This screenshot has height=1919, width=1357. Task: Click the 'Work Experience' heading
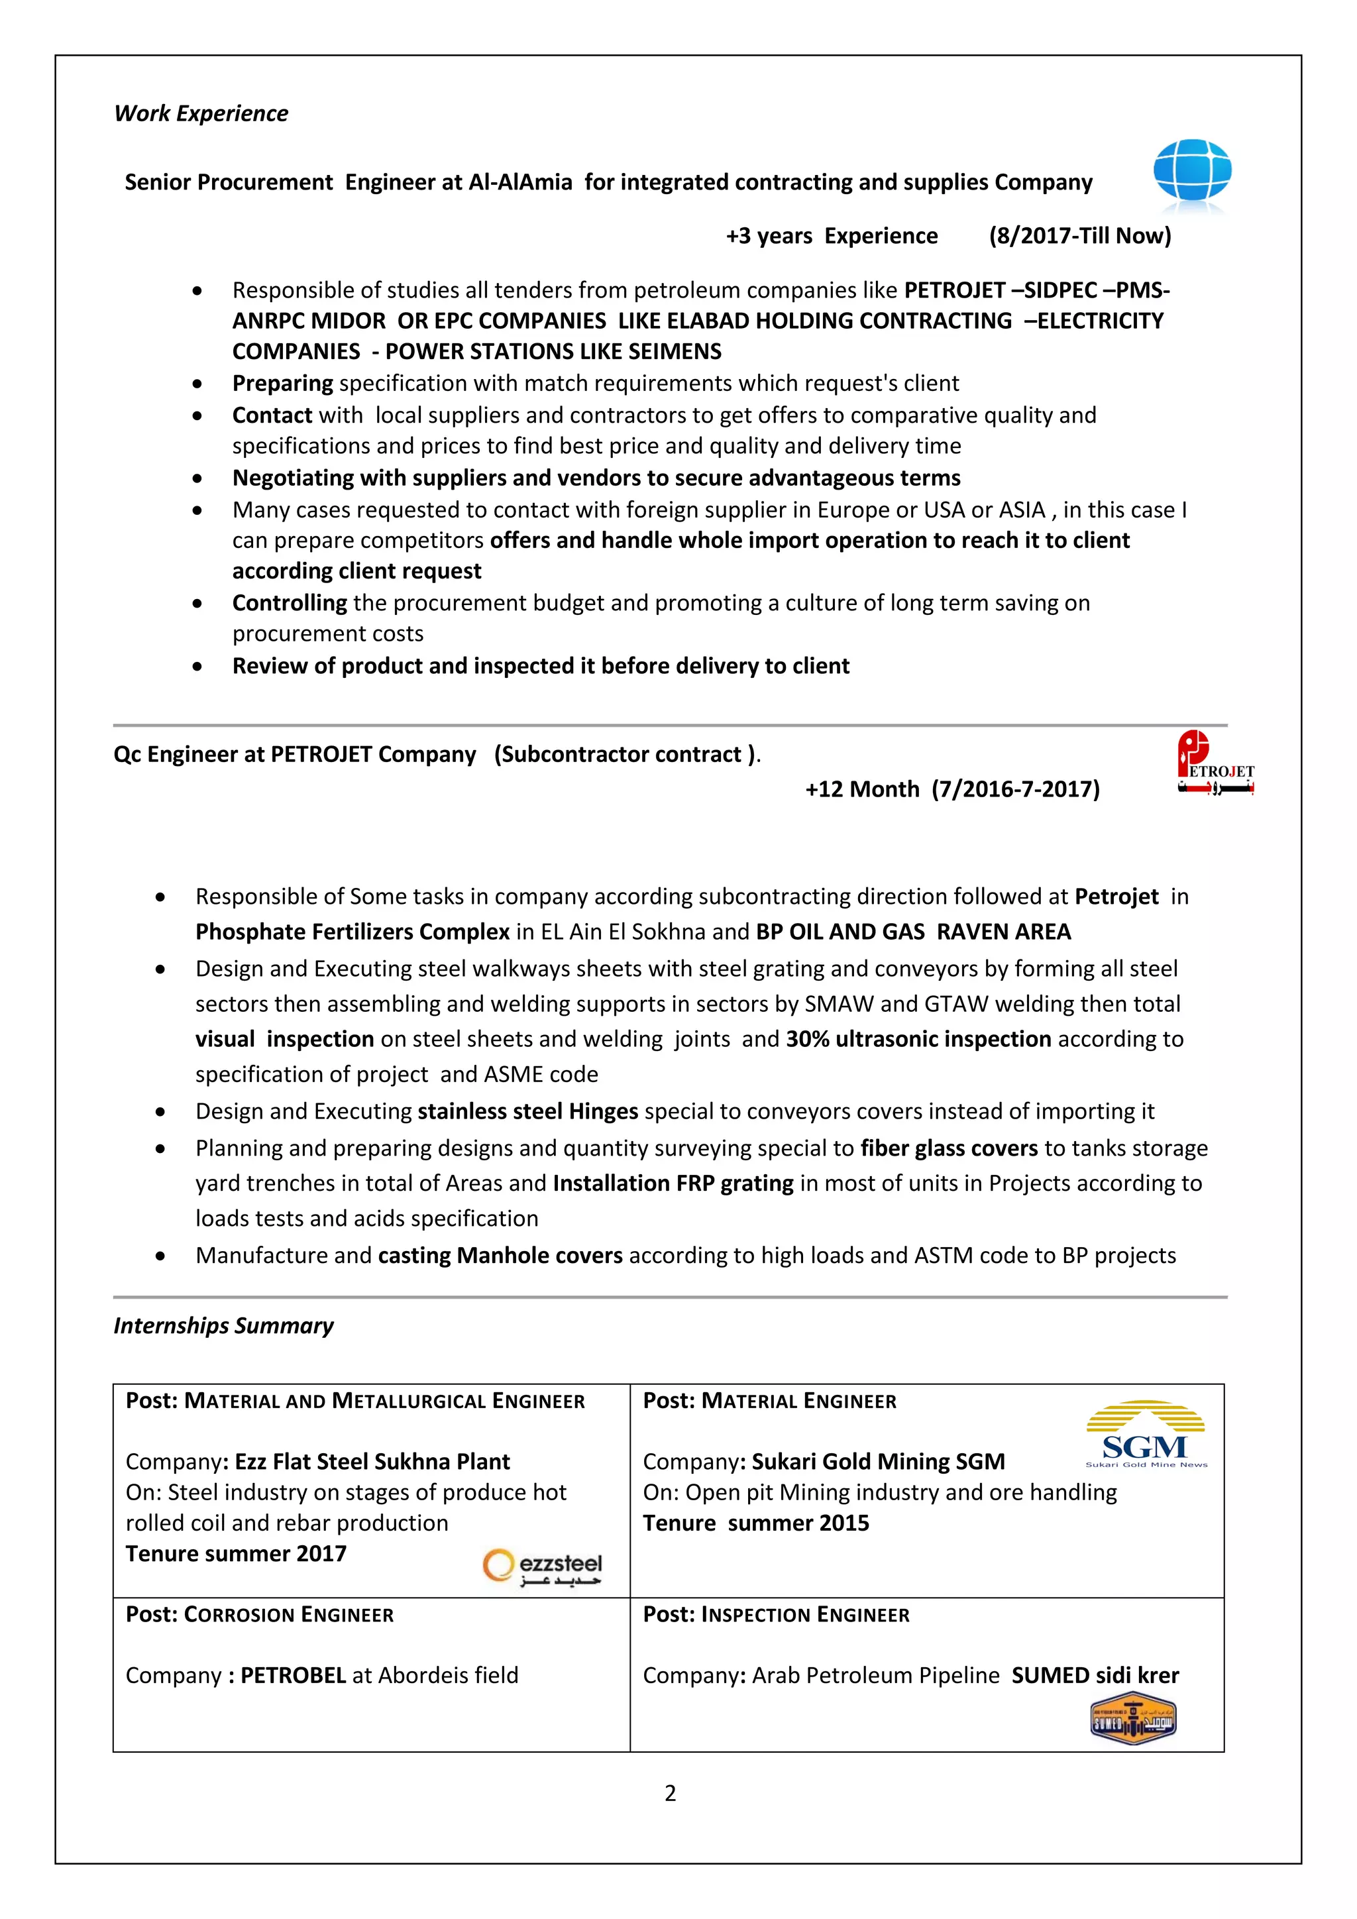point(201,114)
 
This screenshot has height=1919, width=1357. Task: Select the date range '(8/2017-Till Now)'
point(1079,236)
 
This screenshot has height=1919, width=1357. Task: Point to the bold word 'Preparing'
point(282,384)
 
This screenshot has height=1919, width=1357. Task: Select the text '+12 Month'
point(861,789)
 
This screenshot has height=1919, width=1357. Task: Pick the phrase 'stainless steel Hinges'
point(527,1112)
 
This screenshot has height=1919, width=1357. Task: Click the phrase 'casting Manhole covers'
point(500,1256)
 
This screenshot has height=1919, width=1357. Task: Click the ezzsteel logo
point(542,1567)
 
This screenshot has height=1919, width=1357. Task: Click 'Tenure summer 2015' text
point(755,1523)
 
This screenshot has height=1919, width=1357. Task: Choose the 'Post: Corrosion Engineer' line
point(259,1615)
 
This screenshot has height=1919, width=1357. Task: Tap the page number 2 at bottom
point(670,1793)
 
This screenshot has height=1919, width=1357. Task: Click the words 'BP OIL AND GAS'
point(840,932)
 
